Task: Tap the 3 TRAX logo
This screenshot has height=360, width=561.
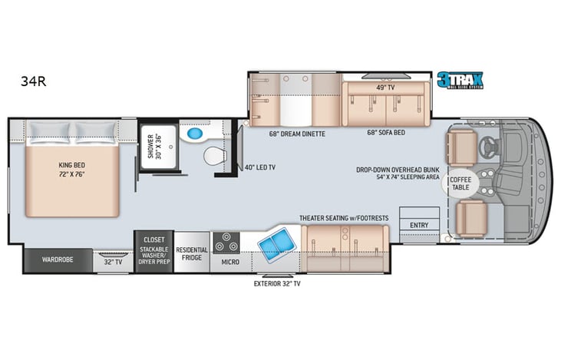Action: (x=460, y=81)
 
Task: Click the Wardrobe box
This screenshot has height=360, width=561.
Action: (x=58, y=260)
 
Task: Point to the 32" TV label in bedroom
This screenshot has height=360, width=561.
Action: (x=112, y=260)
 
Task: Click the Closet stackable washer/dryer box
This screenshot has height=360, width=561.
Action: (x=153, y=249)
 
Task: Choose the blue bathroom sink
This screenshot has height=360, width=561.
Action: (x=195, y=134)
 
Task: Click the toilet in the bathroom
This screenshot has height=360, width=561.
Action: (x=216, y=157)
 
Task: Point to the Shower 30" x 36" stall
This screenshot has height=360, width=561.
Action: (x=158, y=146)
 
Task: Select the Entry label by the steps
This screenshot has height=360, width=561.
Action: (x=419, y=225)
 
